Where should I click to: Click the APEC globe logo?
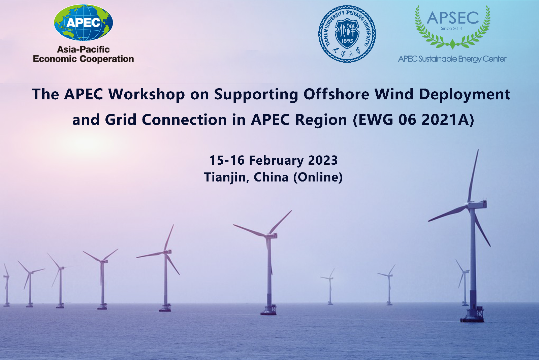[83, 22]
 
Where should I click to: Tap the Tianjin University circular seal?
[347, 34]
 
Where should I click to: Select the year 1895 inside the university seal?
[347, 41]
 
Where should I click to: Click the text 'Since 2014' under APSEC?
[452, 28]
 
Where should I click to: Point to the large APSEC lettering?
[453, 18]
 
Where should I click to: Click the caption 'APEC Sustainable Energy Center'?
[452, 59]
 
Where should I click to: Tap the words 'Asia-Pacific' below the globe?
[83, 49]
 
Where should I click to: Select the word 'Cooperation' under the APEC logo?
[106, 59]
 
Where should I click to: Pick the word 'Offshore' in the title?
[336, 94]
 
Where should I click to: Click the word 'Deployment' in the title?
[465, 94]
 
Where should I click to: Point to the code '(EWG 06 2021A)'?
[413, 120]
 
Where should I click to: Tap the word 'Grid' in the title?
[121, 119]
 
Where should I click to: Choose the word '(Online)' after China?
[318, 177]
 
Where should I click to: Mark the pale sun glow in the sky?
[89, 144]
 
